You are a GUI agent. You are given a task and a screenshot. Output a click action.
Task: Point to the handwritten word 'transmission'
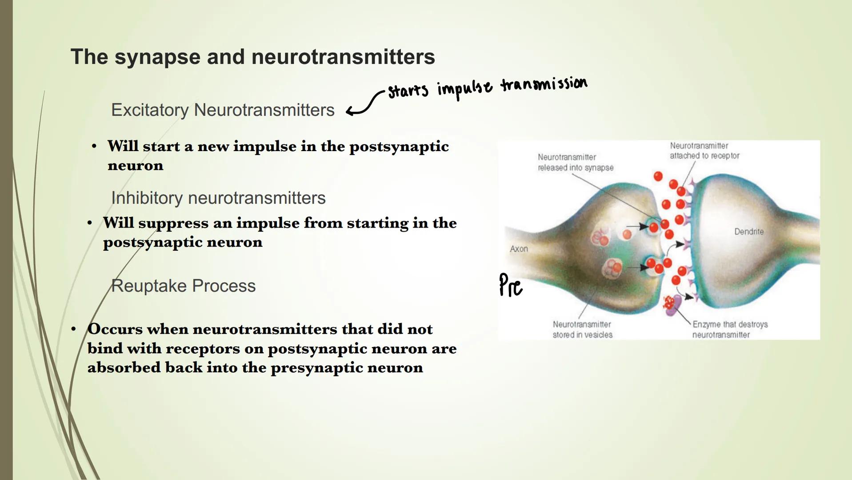544,84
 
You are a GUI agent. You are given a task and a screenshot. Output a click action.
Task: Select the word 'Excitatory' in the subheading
149,110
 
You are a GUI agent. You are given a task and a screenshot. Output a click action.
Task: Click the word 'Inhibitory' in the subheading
146,198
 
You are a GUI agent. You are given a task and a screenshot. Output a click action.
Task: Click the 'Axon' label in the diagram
519,249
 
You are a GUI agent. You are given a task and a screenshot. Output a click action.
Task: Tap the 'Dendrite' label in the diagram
749,232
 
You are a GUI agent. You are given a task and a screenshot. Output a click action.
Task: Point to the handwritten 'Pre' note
510,285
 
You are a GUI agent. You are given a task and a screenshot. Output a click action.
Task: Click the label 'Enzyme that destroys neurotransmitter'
729,329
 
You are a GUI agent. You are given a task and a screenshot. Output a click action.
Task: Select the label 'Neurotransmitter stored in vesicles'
582,329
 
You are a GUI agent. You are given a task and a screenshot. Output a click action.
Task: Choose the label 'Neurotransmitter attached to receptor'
704,151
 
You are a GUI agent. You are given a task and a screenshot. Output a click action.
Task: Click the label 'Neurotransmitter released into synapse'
575,162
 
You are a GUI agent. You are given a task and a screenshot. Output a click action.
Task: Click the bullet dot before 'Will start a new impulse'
94,146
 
